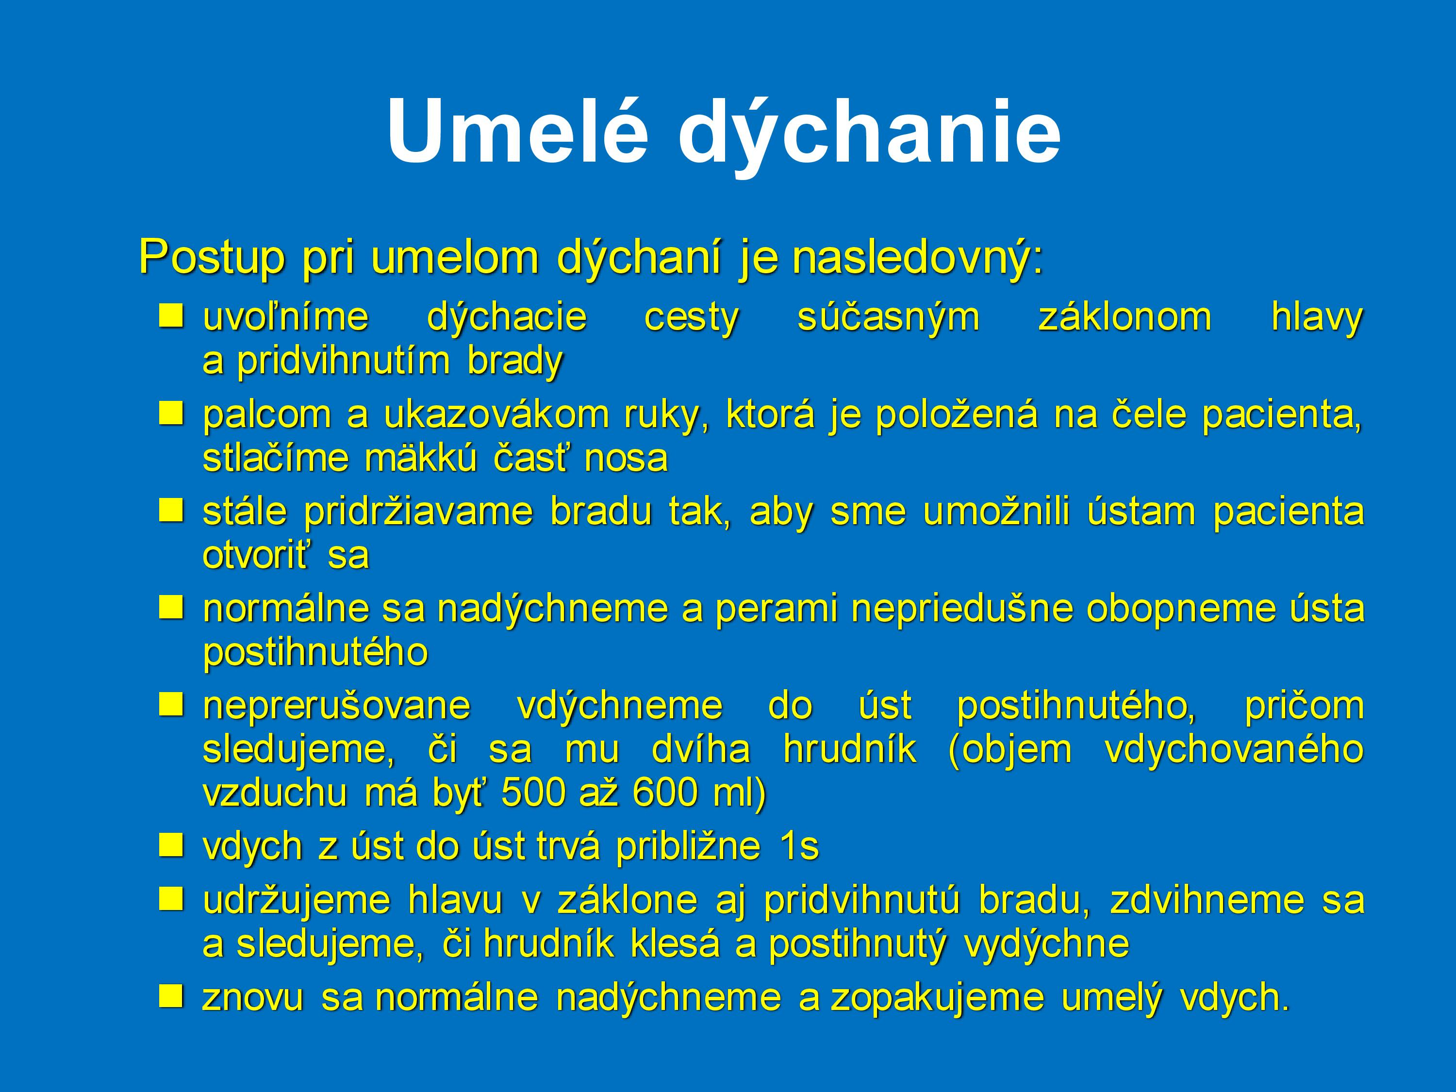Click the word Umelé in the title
517,131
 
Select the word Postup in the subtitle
212,259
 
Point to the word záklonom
1124,318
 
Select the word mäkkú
420,458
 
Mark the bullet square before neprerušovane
170,704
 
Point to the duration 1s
799,846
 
